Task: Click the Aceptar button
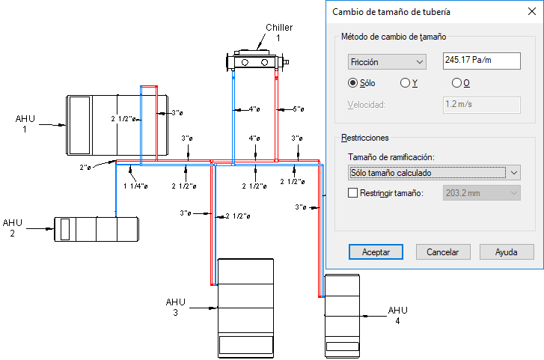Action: (x=376, y=251)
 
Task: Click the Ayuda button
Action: (x=507, y=251)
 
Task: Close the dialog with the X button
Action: (x=531, y=11)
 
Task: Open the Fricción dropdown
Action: (x=387, y=62)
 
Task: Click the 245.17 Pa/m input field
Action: (x=482, y=61)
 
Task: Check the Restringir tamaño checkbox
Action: (x=352, y=192)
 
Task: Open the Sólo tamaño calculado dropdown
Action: (x=434, y=173)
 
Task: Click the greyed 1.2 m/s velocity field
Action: (x=482, y=105)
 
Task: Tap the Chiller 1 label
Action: (x=279, y=32)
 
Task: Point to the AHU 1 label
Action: (x=25, y=124)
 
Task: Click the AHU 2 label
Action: (x=13, y=228)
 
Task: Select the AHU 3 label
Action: (x=176, y=307)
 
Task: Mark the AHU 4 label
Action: (x=397, y=315)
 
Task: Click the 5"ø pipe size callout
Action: (x=299, y=109)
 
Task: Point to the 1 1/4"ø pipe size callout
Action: (x=135, y=186)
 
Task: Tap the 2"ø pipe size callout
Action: (x=85, y=168)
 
